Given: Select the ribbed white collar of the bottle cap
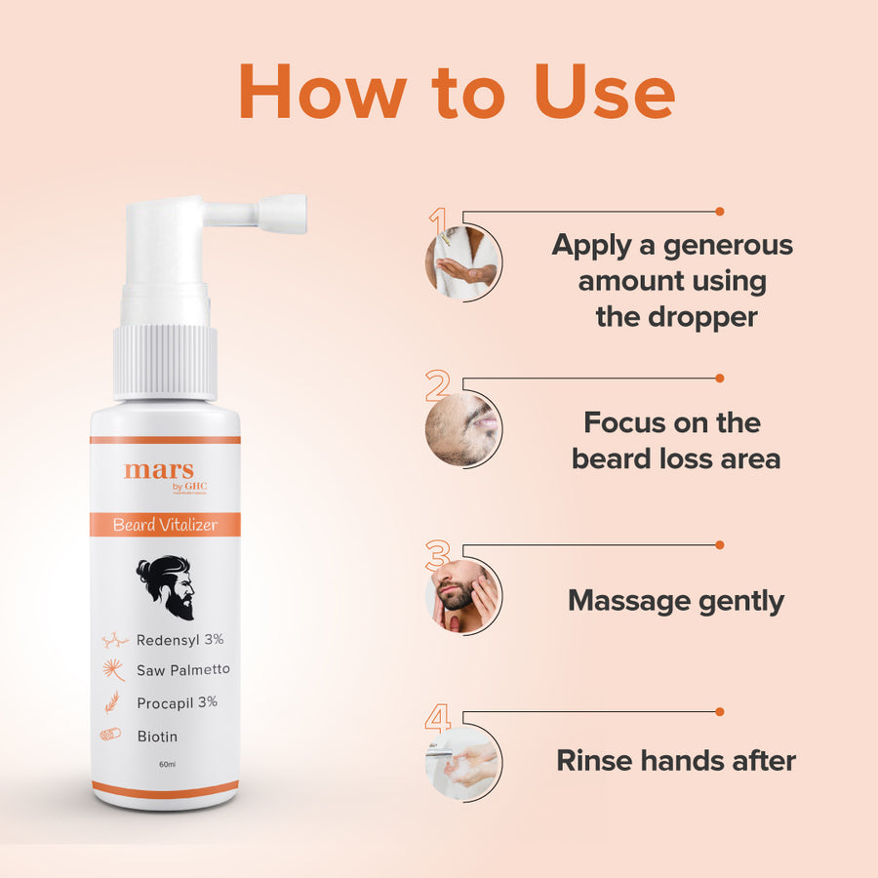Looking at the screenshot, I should point(165,362).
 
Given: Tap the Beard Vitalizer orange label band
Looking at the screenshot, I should point(165,524).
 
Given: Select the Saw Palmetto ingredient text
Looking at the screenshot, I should point(183,670).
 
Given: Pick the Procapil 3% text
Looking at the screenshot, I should point(178,702).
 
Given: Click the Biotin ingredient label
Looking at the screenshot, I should point(157,736).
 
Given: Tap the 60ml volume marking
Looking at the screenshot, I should point(166,764).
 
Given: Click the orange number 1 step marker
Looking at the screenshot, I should point(437,219).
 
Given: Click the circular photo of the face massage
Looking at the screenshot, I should point(464,595).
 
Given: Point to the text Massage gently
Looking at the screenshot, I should point(675,600).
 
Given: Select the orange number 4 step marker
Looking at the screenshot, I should point(438,720).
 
